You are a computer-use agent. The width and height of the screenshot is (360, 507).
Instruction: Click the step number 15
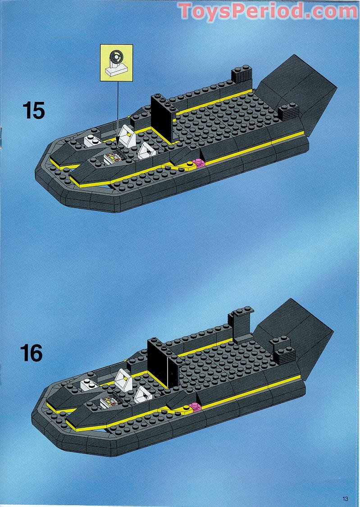[x=34, y=110]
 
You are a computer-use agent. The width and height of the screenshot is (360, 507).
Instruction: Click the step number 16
[x=32, y=353]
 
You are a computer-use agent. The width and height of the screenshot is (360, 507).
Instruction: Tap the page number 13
[x=345, y=498]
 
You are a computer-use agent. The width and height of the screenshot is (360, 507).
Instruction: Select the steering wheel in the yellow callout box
[x=116, y=58]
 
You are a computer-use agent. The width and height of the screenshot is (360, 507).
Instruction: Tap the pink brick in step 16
[x=195, y=407]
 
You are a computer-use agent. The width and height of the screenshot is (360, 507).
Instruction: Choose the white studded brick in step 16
[x=90, y=384]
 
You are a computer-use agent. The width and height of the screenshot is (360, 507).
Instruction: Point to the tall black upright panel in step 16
[x=159, y=363]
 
